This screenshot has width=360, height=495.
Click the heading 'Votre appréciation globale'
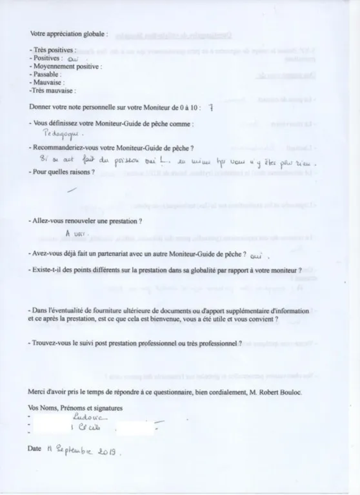[69, 33]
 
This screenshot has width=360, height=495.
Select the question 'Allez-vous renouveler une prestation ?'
[86, 221]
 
